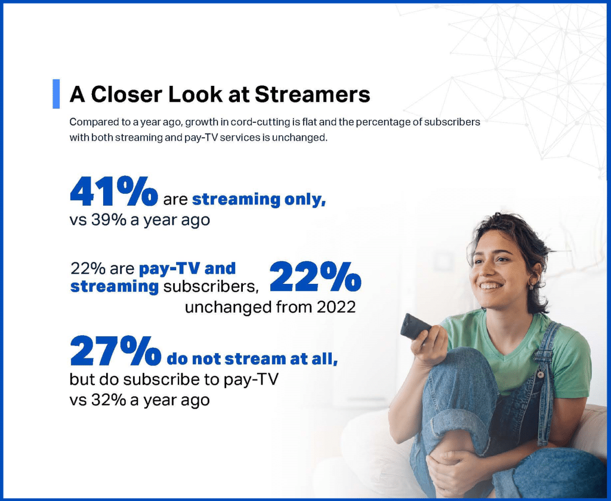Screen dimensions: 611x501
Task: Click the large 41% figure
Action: [114, 191]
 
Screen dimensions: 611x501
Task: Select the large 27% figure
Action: [115, 351]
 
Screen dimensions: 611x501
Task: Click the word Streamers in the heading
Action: [313, 94]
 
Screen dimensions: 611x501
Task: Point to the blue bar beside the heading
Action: [56, 94]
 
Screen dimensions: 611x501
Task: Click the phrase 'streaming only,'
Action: [259, 199]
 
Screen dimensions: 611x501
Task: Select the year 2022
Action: [336, 307]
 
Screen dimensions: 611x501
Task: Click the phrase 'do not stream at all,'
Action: [252, 359]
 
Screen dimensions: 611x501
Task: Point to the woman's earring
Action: [531, 284]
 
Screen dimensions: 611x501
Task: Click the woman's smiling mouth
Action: [490, 286]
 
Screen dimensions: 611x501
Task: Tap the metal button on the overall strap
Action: [541, 375]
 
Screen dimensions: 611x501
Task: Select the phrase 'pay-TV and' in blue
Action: [187, 268]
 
